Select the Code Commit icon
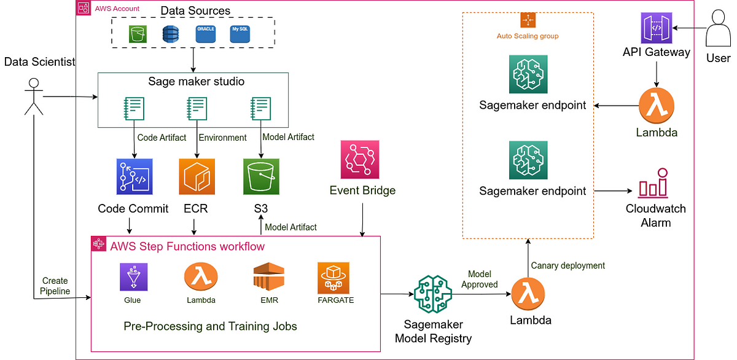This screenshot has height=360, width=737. point(133,177)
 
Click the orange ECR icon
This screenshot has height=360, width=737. point(197,177)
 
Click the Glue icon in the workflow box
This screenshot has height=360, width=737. point(132,276)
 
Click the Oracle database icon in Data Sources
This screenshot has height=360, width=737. point(205,34)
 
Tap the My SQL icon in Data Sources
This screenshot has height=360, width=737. point(239,34)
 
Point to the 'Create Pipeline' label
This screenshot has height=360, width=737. point(55,286)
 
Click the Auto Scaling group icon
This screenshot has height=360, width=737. point(528,20)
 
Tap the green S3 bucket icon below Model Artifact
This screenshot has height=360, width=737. point(261,177)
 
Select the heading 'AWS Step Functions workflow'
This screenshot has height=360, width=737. point(187,246)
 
